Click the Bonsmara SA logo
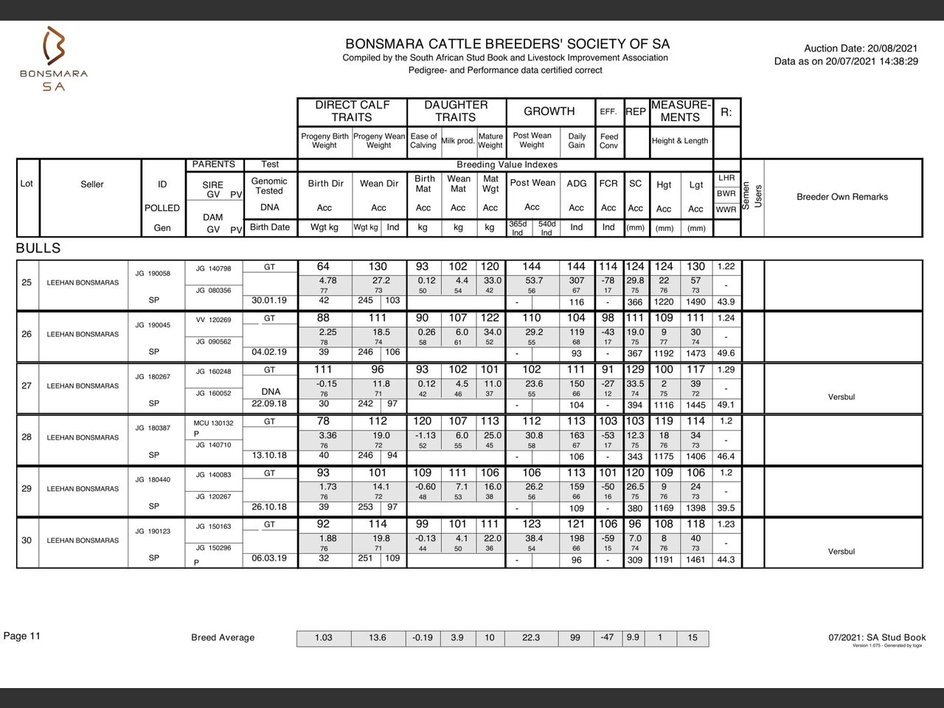(54, 59)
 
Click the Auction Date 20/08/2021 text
(861, 48)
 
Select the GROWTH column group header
(549, 111)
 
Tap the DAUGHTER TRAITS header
(455, 111)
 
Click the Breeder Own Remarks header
(841, 197)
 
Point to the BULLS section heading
(38, 249)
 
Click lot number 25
(27, 282)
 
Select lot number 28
(27, 437)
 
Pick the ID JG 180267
(153, 377)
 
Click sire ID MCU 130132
(213, 423)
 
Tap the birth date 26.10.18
(269, 507)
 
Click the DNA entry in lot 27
(270, 392)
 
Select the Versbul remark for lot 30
(841, 552)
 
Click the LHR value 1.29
(726, 369)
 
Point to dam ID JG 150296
(213, 548)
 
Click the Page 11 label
(22, 636)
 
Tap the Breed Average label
(222, 638)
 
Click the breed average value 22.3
(530, 638)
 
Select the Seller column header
(91, 184)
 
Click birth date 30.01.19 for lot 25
(269, 301)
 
